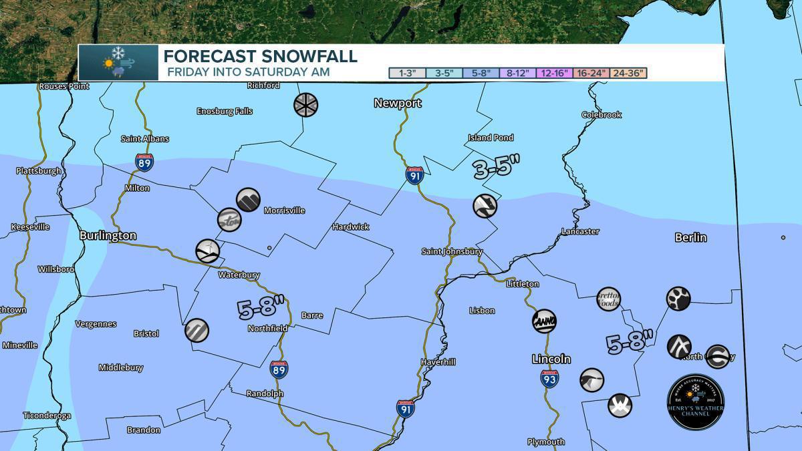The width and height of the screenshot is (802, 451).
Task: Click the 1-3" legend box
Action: [x=407, y=73]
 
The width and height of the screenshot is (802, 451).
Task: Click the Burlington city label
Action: [x=108, y=236]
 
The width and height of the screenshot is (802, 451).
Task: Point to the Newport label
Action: [x=398, y=103]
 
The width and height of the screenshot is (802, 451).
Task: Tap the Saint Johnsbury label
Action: [x=452, y=252]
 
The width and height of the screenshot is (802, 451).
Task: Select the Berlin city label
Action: [x=690, y=238]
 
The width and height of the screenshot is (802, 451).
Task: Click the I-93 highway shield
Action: [x=549, y=379]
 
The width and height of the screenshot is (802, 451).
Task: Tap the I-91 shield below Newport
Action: [x=414, y=175]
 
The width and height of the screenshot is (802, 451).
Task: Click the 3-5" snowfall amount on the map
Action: [x=496, y=167]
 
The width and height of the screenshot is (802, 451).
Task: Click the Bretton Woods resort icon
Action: [x=608, y=299]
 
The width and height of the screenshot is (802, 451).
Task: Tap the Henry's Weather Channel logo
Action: [x=696, y=402]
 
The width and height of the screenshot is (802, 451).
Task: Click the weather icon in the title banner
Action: [x=118, y=63]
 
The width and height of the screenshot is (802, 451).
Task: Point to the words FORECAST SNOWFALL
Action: [x=261, y=56]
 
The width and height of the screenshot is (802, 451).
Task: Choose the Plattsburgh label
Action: [x=39, y=171]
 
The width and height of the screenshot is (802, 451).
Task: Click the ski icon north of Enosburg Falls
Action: [x=306, y=104]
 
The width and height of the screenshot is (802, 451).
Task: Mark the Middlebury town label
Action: [x=121, y=368]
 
